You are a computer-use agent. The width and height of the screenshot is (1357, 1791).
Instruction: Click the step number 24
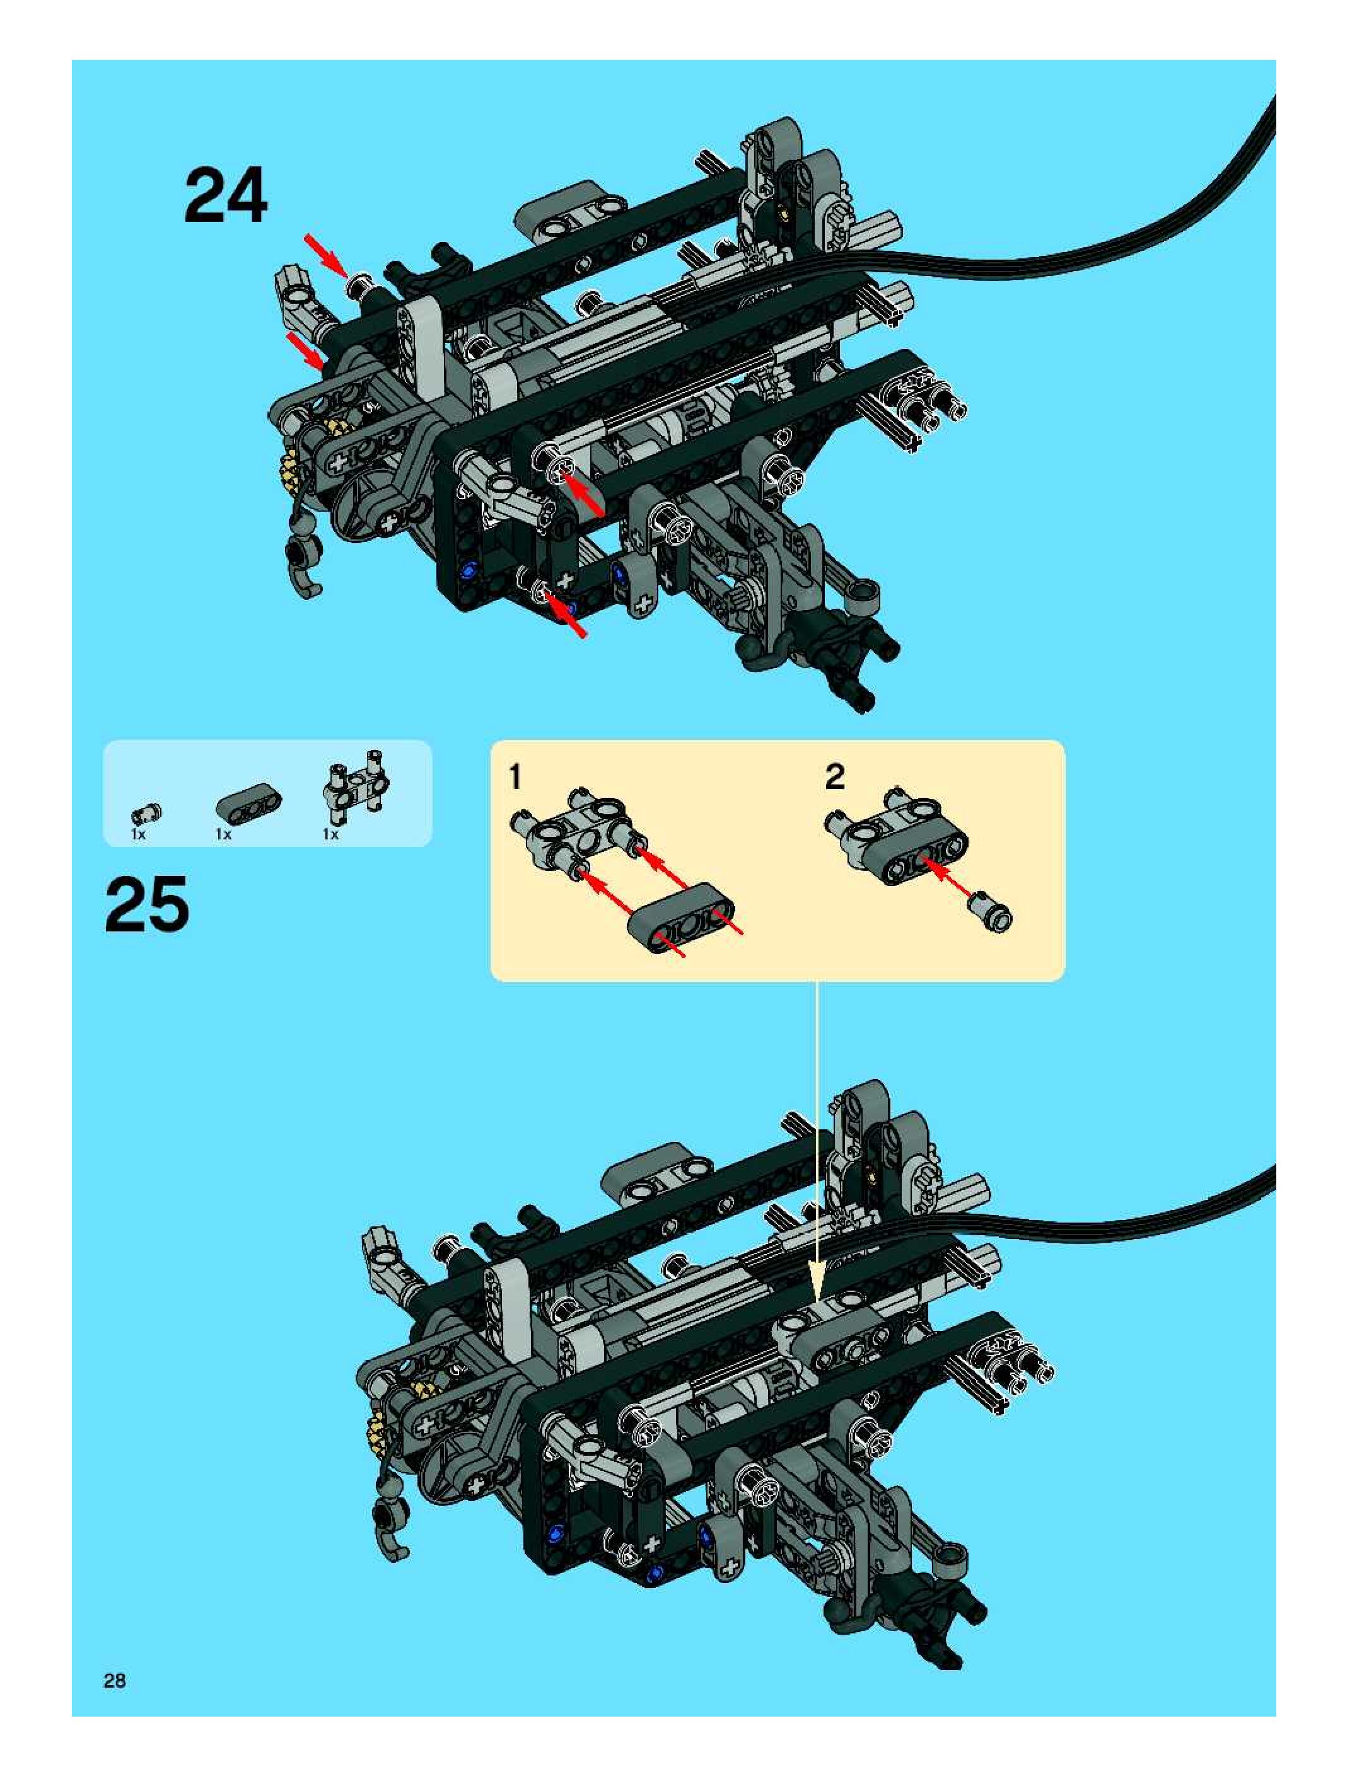pyautogui.click(x=225, y=196)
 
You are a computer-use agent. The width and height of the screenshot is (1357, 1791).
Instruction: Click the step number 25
pyautogui.click(x=147, y=904)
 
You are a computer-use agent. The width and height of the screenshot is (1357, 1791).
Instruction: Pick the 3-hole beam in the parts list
pyautogui.click(x=248, y=804)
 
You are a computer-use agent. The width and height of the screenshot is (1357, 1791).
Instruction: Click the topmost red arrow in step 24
pyautogui.click(x=327, y=253)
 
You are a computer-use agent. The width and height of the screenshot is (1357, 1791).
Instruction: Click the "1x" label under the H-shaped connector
pyautogui.click(x=330, y=834)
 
